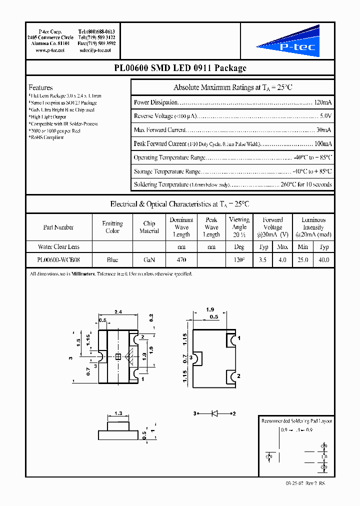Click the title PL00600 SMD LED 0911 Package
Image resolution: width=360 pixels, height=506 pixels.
pos(179,68)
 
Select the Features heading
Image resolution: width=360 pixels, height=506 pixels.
pos(40,87)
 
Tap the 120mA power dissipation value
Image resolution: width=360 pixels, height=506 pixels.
pos(322,102)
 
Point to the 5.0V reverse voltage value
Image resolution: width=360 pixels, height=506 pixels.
pos(324,116)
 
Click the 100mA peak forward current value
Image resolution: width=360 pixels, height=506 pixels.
pos(322,143)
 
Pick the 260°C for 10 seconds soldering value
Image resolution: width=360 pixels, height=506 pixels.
pos(306,184)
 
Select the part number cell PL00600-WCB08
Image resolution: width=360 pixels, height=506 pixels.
pos(58,260)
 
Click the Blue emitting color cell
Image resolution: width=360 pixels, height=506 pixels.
pos(112,260)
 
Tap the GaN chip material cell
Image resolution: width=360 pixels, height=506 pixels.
pos(149,260)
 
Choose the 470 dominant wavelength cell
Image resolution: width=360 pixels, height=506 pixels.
pos(181,260)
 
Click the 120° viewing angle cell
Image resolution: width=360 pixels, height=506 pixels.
pos(239,260)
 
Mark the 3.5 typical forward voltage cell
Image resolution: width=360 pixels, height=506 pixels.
pos(263,260)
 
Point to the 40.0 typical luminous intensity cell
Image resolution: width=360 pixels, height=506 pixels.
pos(323,260)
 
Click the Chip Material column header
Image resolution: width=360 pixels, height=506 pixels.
pos(149,227)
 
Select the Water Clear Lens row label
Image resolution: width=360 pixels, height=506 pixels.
pos(58,246)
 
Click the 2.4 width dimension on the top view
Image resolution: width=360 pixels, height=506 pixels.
pos(118,312)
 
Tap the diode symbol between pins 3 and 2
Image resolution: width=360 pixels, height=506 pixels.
pos(214,413)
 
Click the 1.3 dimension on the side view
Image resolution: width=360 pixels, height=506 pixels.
pos(118,413)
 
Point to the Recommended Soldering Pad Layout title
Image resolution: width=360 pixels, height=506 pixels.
pos(296,421)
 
